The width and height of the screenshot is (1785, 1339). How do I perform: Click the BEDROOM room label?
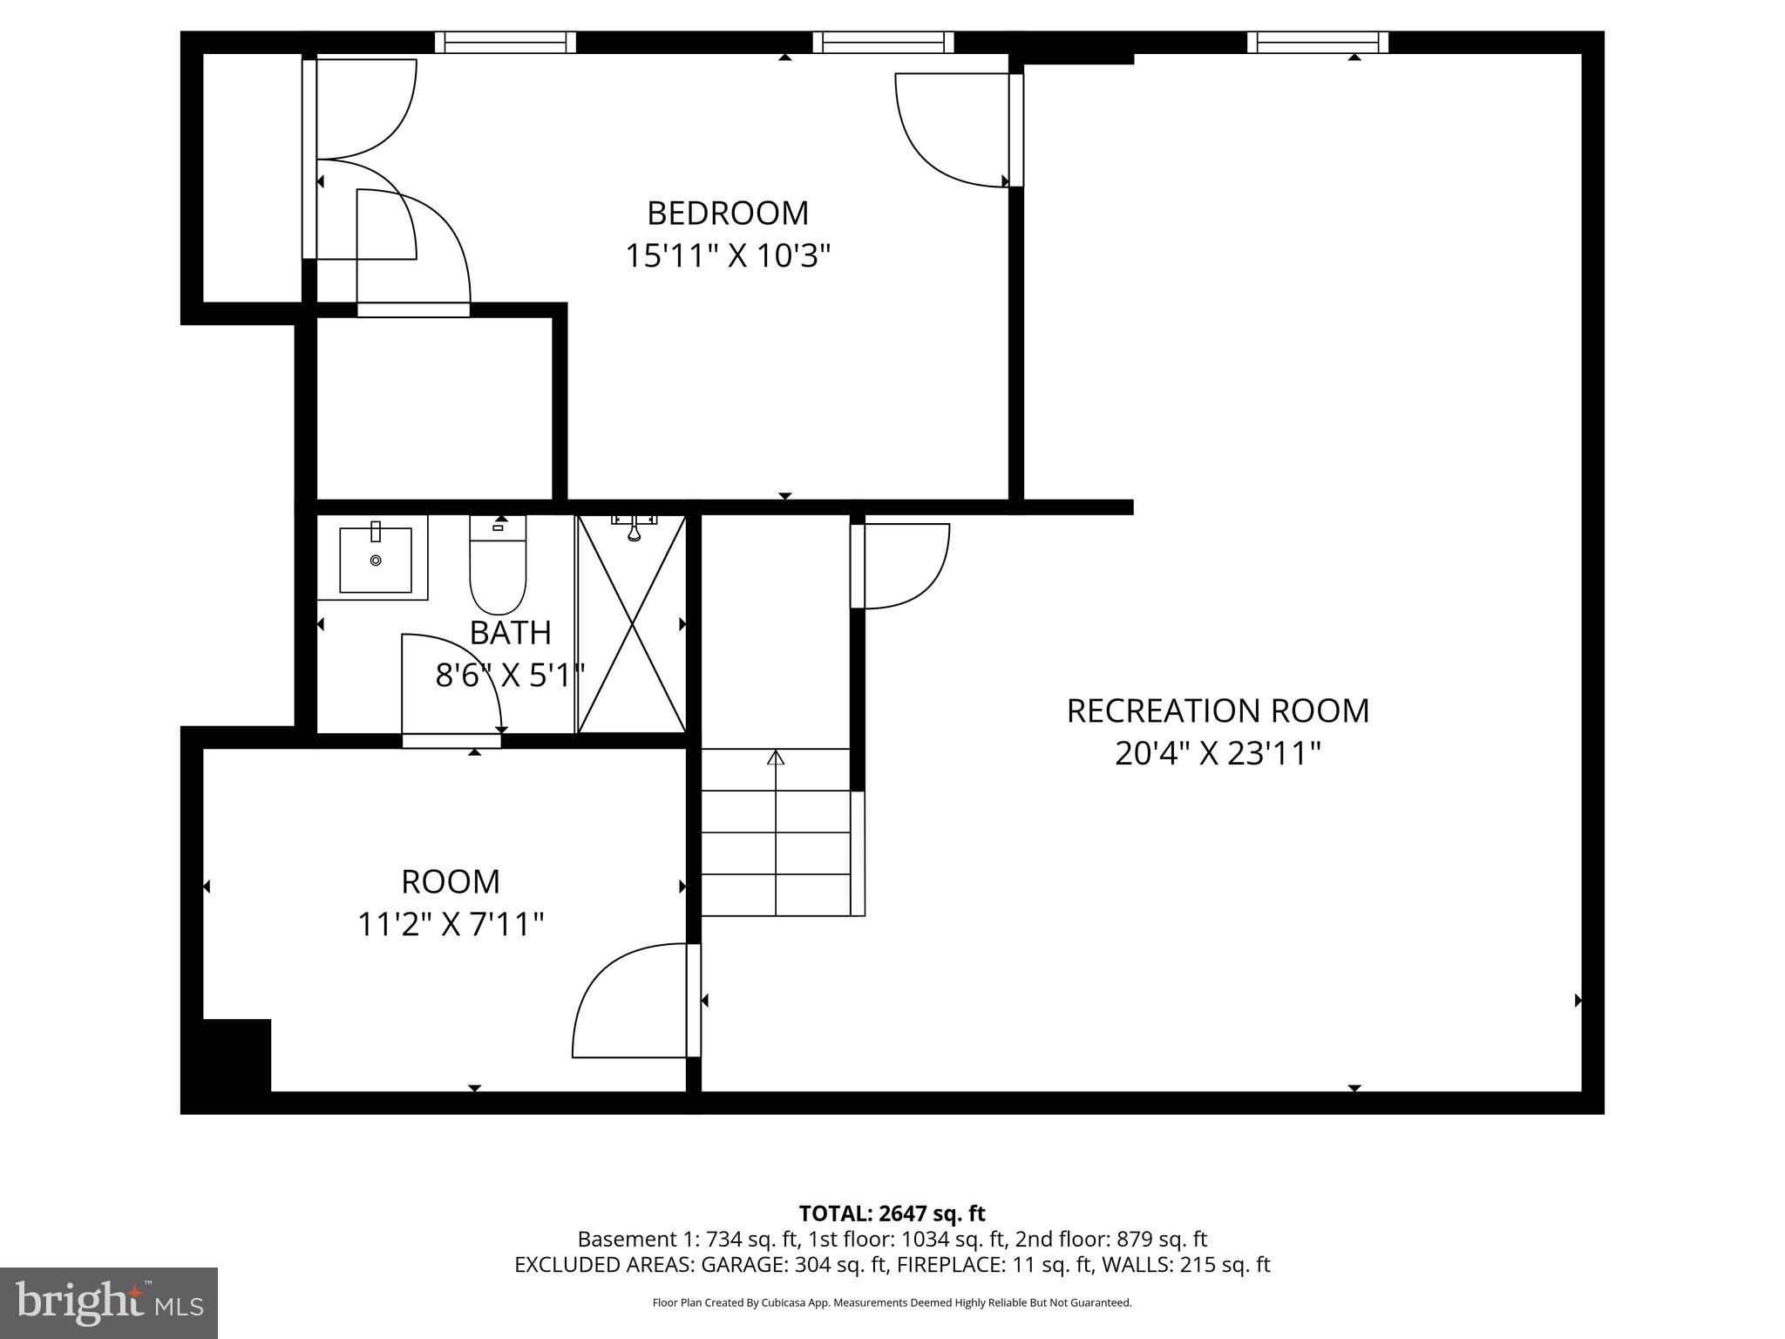pyautogui.click(x=727, y=214)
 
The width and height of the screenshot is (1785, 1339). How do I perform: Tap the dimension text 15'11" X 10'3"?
pyautogui.click(x=727, y=256)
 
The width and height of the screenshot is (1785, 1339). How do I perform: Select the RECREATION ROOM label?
pyautogui.click(x=1218, y=710)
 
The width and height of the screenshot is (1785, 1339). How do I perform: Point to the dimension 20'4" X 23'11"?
pyautogui.click(x=1218, y=753)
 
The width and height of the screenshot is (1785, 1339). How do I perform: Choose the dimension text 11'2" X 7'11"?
pyautogui.click(x=451, y=924)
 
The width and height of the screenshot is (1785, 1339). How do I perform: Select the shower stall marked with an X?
pyautogui.click(x=631, y=624)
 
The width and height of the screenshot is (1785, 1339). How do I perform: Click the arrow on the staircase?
pyautogui.click(x=775, y=757)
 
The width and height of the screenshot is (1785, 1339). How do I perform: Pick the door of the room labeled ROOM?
pyautogui.click(x=629, y=1003)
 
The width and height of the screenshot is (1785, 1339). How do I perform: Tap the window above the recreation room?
pyautogui.click(x=1317, y=42)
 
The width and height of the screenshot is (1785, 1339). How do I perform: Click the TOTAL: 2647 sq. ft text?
pyautogui.click(x=892, y=1213)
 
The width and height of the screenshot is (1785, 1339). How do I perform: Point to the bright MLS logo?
pyautogui.click(x=108, y=1302)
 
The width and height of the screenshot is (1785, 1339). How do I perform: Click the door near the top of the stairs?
pyautogui.click(x=902, y=565)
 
